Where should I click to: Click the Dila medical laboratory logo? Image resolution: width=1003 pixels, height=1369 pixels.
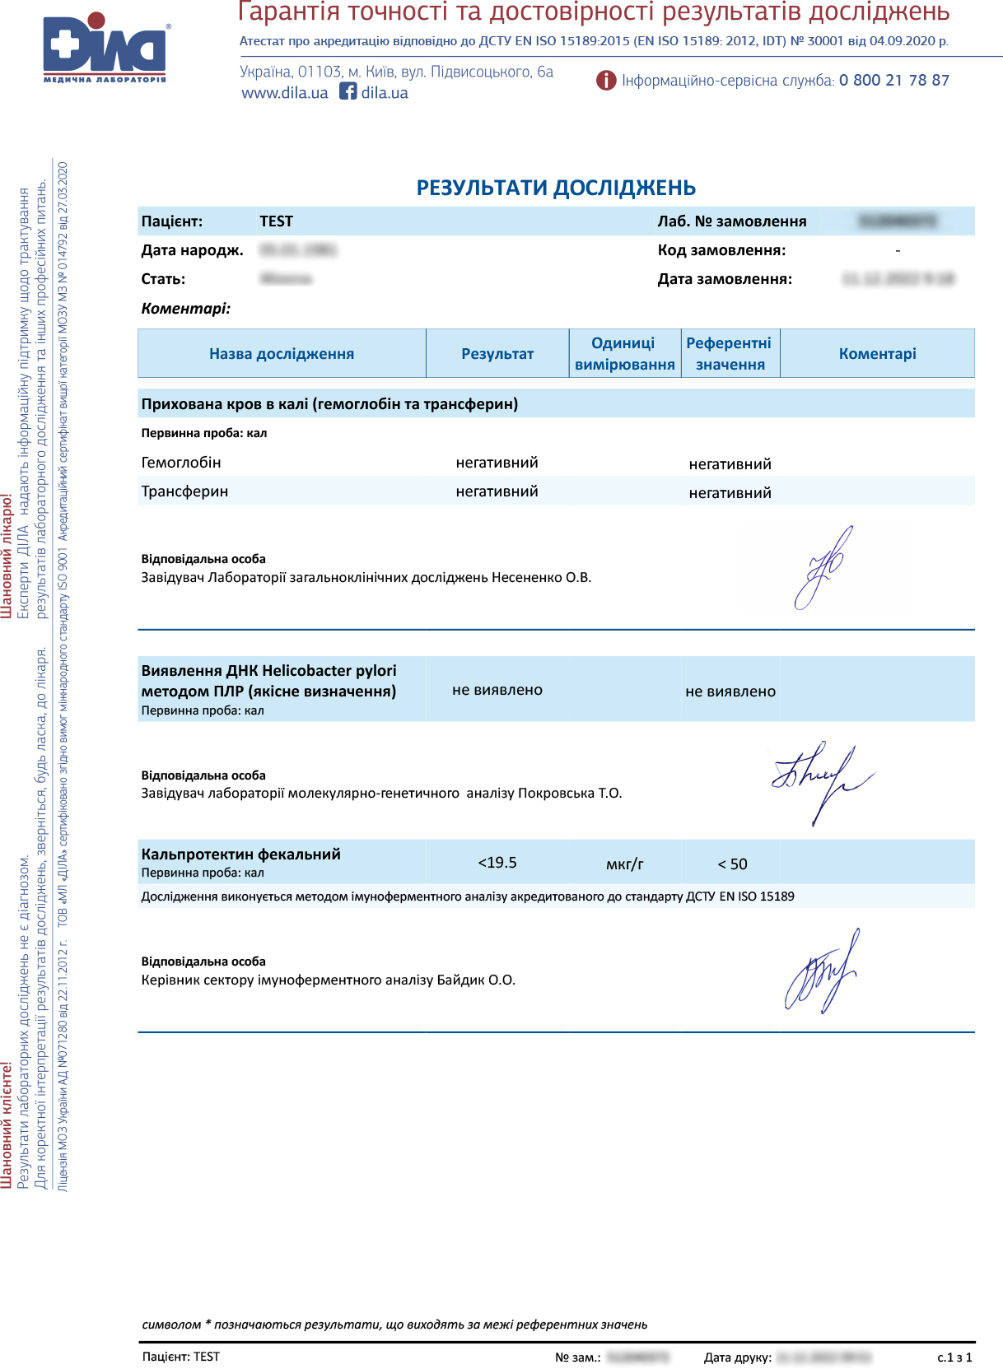click(105, 47)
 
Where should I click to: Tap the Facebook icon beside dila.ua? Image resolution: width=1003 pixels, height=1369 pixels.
click(348, 91)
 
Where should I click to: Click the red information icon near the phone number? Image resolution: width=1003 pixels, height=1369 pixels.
click(606, 81)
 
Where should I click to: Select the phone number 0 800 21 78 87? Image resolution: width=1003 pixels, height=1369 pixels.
click(893, 81)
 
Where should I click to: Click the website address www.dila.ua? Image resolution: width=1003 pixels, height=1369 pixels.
click(285, 93)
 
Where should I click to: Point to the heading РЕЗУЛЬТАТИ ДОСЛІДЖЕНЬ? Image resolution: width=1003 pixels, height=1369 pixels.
click(556, 189)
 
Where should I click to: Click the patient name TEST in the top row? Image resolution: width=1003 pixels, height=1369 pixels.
click(276, 221)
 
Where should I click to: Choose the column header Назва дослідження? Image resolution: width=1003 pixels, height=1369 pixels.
click(282, 354)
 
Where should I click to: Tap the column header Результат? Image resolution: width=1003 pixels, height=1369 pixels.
click(497, 354)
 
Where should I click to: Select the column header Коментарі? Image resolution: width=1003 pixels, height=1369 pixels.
click(877, 354)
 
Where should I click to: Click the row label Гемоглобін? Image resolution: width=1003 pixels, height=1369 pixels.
click(181, 463)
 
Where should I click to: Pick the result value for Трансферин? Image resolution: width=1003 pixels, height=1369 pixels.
click(497, 491)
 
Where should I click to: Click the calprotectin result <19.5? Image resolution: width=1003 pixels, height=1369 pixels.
click(497, 863)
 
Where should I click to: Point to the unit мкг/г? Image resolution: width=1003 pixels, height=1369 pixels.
click(624, 864)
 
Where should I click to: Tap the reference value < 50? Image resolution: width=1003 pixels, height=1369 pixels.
click(732, 864)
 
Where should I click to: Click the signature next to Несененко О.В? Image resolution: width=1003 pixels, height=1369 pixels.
click(823, 567)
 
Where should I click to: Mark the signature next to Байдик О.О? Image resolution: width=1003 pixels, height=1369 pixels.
click(821, 971)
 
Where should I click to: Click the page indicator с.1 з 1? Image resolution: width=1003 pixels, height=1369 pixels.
click(954, 1357)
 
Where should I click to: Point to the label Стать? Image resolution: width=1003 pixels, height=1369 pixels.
click(163, 279)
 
